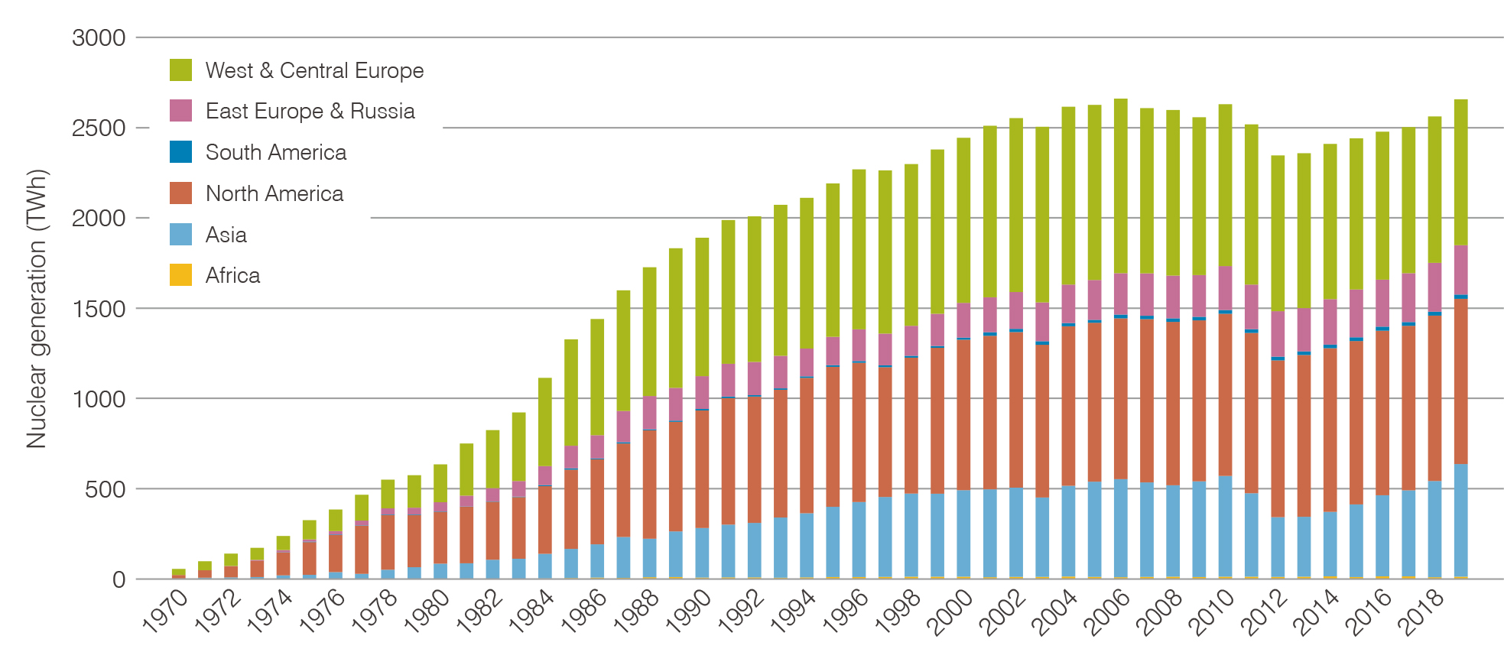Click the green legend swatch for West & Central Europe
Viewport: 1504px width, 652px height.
(180, 70)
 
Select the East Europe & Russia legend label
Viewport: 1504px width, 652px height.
(310, 111)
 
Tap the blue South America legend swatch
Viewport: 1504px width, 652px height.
(180, 152)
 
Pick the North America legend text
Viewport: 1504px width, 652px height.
(274, 193)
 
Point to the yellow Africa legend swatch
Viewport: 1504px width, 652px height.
(180, 275)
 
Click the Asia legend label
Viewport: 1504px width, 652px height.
(226, 235)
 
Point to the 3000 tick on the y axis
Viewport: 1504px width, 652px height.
(99, 37)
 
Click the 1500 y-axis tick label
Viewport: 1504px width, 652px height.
(99, 309)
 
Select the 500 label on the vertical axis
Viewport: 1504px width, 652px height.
(105, 489)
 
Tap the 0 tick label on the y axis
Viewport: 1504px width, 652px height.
(119, 579)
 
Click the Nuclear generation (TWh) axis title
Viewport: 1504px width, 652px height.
(37, 308)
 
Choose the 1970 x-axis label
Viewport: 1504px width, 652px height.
(166, 612)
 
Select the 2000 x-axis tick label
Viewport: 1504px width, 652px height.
(950, 612)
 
